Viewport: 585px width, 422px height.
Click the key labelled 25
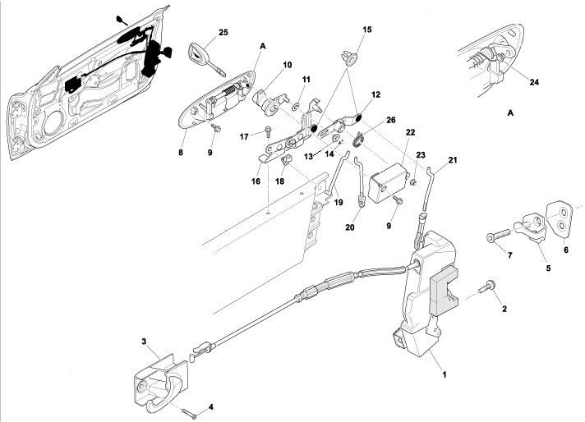pyautogui.click(x=200, y=59)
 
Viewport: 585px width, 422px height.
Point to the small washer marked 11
pyautogui.click(x=295, y=106)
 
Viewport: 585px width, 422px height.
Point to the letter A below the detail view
pyautogui.click(x=510, y=111)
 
